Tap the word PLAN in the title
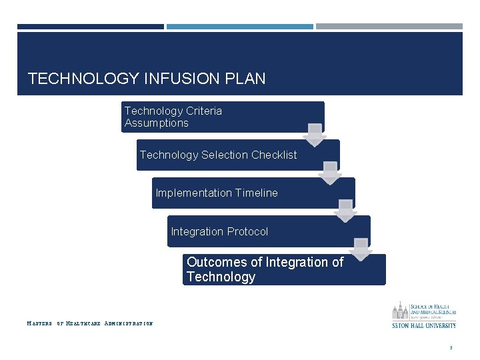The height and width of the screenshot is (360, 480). coord(246,79)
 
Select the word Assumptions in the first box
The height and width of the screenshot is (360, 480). coord(156,123)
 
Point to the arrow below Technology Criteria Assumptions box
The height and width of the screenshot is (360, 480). coord(315,134)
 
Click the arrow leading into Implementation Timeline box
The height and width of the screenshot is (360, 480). coord(330,173)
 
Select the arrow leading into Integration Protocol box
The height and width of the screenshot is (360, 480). coord(345,211)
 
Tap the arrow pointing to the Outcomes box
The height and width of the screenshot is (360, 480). coord(361,249)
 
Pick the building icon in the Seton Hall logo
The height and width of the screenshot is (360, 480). coord(400,311)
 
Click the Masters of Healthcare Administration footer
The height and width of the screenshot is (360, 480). coord(89,324)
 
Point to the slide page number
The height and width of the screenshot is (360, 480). coord(451,347)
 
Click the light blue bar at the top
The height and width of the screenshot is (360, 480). coord(239,27)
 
